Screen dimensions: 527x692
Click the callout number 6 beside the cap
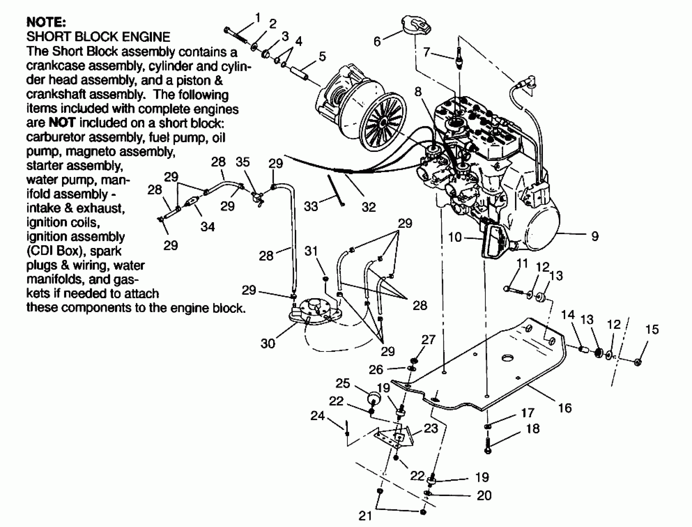pos(377,41)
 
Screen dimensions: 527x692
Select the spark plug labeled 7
pos(459,58)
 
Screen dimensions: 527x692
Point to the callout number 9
pos(595,236)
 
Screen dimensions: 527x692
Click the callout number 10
pos(455,237)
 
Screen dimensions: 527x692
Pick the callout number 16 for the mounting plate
pos(565,408)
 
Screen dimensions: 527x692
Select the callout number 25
pos(343,383)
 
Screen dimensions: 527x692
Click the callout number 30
pos(268,343)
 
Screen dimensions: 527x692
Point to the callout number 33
pos(311,206)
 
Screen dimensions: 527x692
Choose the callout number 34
pos(208,227)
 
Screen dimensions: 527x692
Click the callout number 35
pos(243,162)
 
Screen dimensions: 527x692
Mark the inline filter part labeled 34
pos(192,202)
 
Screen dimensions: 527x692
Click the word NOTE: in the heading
pos(46,23)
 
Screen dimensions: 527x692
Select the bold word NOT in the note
pos(62,123)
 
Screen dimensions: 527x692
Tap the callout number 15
pos(652,329)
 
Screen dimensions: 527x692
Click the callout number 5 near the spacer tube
pos(322,56)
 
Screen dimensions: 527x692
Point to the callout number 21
pos(365,516)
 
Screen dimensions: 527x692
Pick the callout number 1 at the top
pos(258,18)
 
